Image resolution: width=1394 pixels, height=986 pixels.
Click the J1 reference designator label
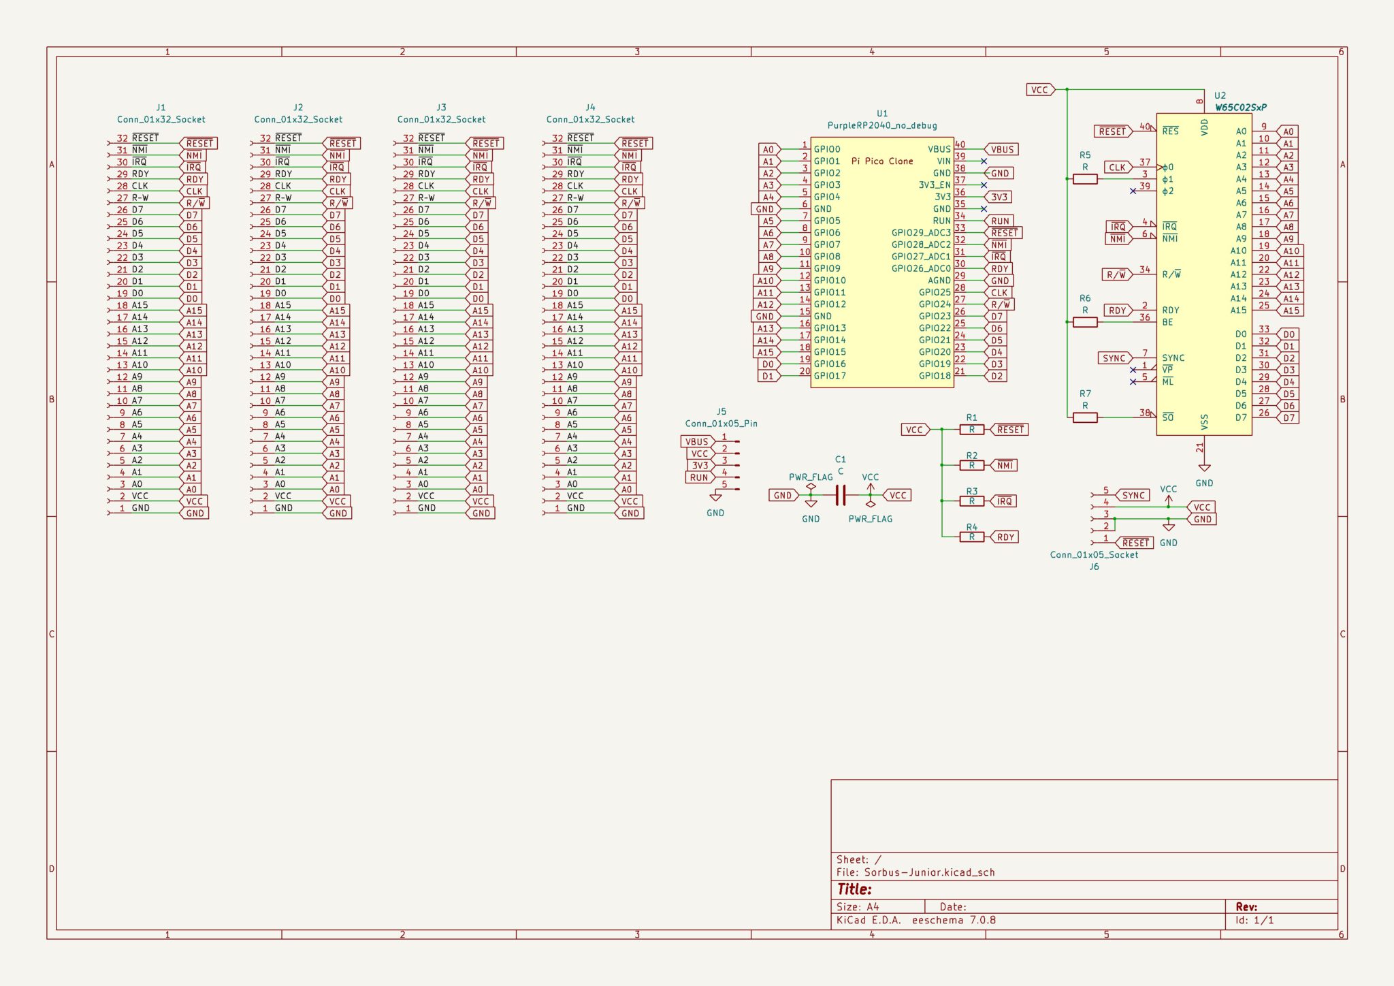(x=161, y=108)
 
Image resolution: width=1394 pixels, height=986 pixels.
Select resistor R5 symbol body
(x=1084, y=179)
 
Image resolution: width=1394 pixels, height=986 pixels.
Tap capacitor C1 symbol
(x=841, y=495)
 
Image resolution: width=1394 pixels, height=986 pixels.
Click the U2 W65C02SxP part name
(x=1240, y=108)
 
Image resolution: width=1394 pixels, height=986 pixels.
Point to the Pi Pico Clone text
(x=882, y=161)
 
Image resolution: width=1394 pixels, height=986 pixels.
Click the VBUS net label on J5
(x=696, y=441)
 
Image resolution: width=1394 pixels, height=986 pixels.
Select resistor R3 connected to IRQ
(x=971, y=501)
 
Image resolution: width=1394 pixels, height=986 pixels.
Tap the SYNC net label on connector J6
(x=1133, y=495)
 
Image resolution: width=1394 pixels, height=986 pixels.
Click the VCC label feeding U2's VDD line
(x=1039, y=89)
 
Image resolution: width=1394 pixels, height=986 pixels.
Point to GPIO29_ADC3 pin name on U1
(x=920, y=233)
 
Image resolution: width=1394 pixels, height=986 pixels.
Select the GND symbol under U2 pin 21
(x=1203, y=468)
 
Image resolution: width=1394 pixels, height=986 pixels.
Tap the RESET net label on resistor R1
(x=1009, y=430)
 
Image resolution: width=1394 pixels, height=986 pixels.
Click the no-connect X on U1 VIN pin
(x=984, y=161)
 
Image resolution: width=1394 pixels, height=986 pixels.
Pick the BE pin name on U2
(x=1167, y=322)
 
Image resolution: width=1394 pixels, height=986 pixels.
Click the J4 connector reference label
(x=590, y=108)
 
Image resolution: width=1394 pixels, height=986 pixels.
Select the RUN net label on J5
(x=698, y=477)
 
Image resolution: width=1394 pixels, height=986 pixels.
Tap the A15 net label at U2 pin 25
(x=1291, y=311)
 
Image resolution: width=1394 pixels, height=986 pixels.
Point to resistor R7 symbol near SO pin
(x=1084, y=417)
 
